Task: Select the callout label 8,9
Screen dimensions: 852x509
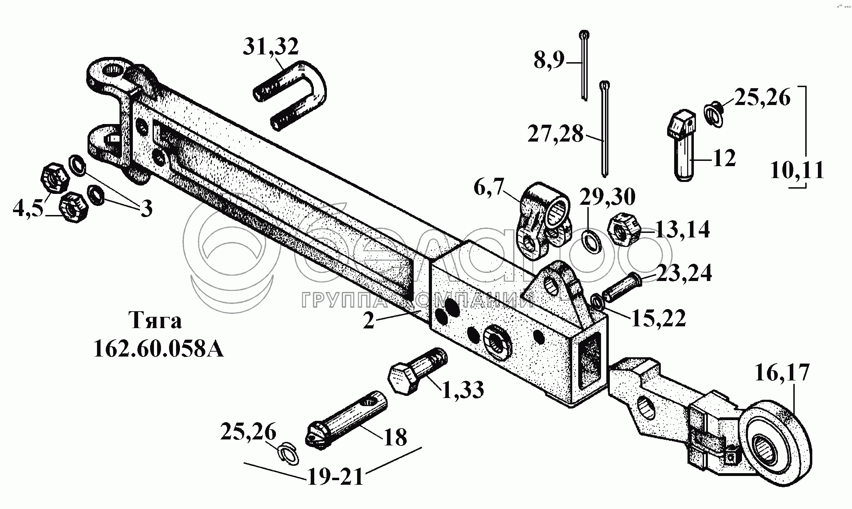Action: (x=549, y=61)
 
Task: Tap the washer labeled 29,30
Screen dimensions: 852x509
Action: (x=592, y=241)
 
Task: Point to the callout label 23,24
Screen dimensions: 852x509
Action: (x=684, y=274)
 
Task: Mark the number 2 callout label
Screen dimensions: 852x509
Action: (x=369, y=321)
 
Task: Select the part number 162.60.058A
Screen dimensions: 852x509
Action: (x=159, y=349)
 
